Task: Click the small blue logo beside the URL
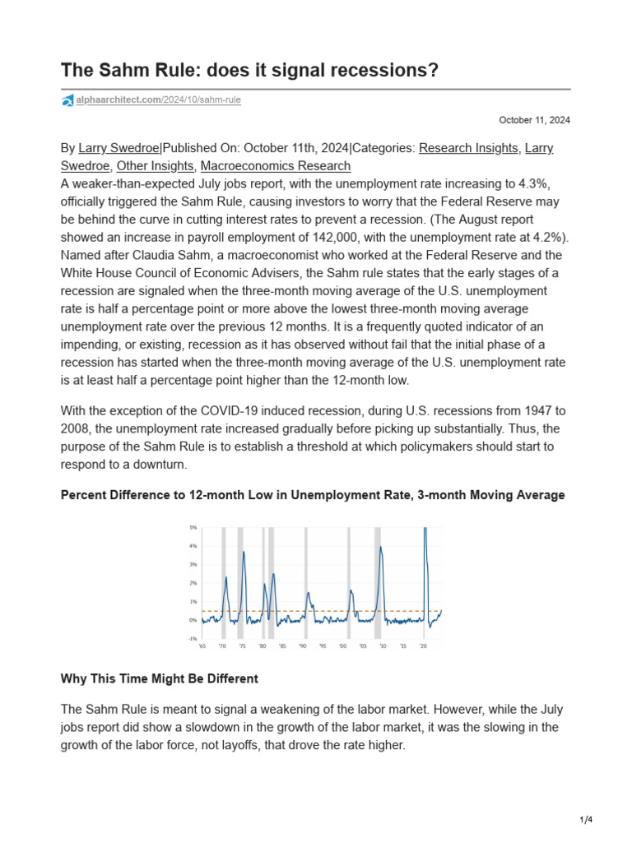(x=67, y=100)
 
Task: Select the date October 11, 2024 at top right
(x=535, y=120)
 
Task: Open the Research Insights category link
(x=468, y=148)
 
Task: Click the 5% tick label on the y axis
(x=193, y=527)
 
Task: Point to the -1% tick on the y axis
(x=192, y=639)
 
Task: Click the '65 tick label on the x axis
(x=202, y=647)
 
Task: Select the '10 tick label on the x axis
(x=383, y=647)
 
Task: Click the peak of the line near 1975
(x=244, y=552)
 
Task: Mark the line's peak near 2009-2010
(x=380, y=547)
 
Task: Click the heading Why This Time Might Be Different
(x=160, y=679)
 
